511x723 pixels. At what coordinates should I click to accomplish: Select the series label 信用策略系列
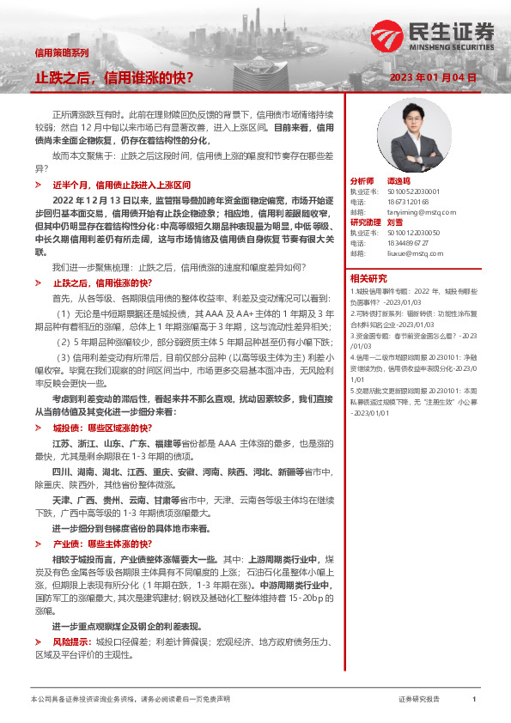(x=61, y=52)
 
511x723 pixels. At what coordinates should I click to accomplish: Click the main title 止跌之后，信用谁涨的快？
(x=113, y=77)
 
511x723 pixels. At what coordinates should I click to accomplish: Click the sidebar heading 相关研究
(x=370, y=279)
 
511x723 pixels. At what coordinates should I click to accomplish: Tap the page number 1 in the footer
(x=473, y=700)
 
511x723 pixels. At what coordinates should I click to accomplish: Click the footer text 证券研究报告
(x=419, y=700)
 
